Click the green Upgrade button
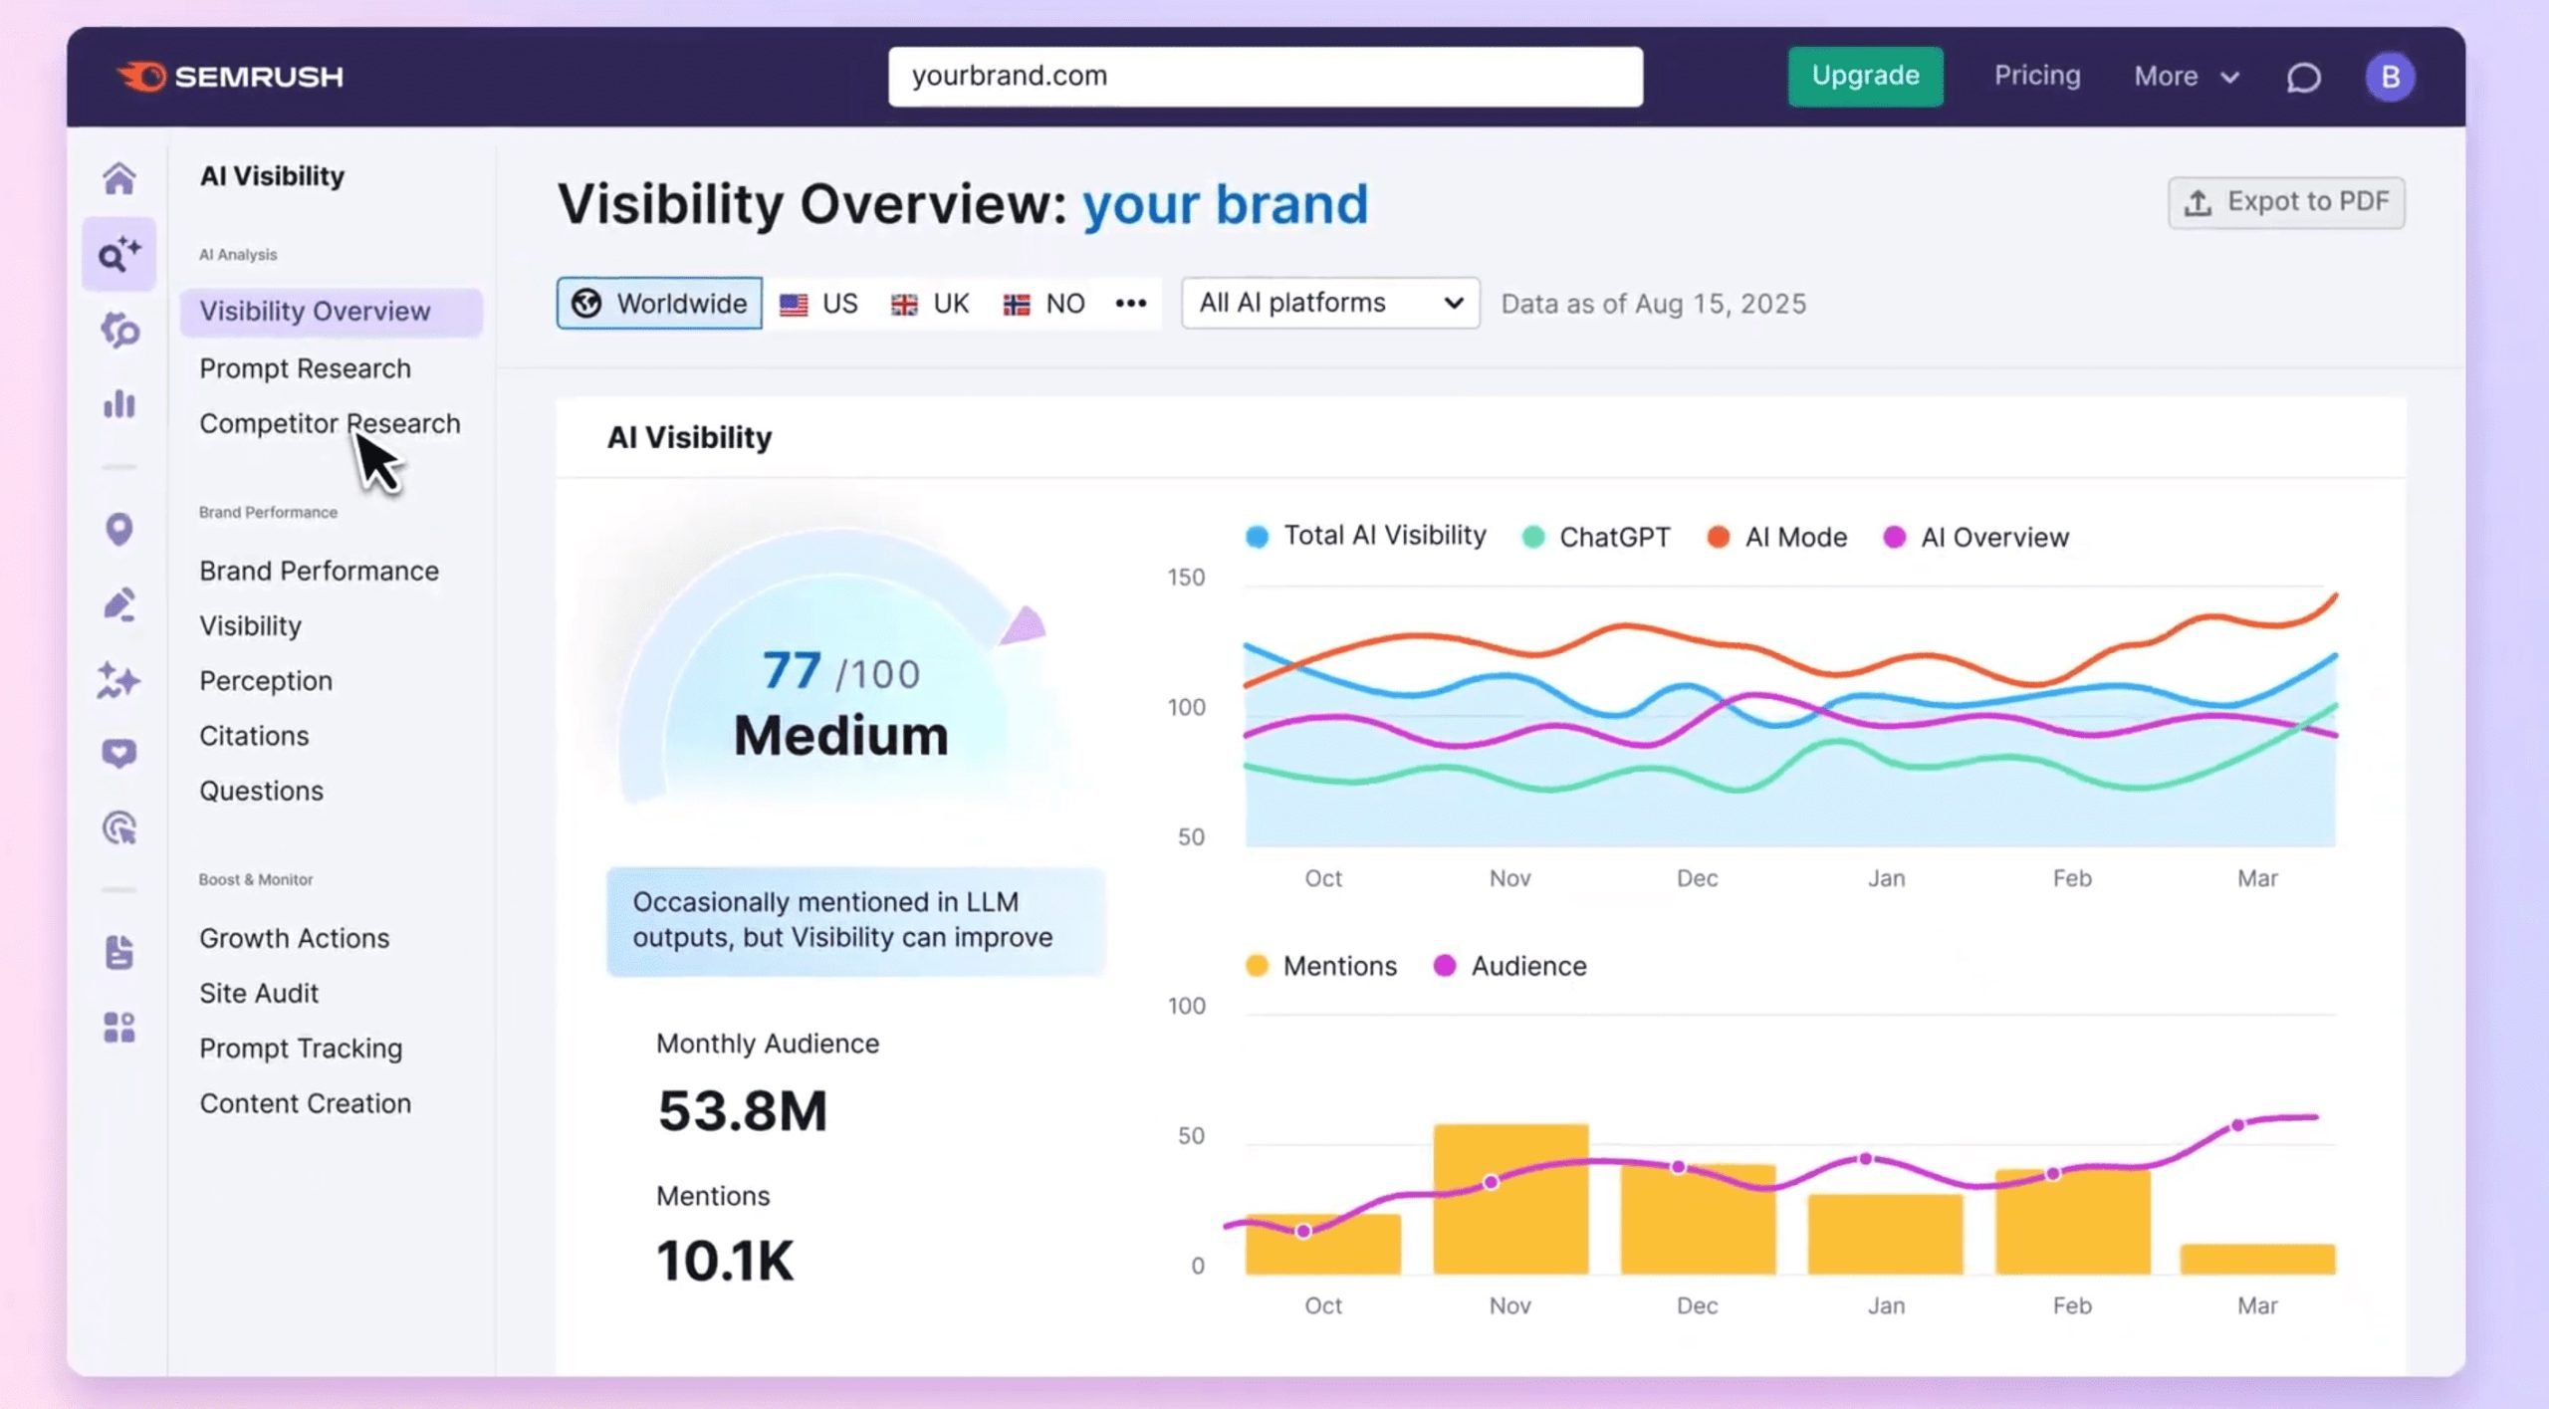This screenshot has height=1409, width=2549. [1864, 76]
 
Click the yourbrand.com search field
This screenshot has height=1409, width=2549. [1265, 76]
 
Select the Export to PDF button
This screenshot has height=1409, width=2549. [2286, 202]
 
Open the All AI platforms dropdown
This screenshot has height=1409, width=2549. [1329, 303]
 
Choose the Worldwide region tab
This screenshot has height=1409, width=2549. [659, 303]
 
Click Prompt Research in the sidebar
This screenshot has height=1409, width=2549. [305, 368]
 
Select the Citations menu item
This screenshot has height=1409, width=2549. [254, 736]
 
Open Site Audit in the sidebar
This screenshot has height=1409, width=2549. [259, 993]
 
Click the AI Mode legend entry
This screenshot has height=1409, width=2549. [1777, 537]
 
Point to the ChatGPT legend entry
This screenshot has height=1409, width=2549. [1597, 537]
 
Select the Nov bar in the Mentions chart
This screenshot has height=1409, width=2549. [1510, 1199]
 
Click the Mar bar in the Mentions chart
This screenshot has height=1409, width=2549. [2256, 1259]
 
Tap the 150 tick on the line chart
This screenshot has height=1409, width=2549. [1185, 578]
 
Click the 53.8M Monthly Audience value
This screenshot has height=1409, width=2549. [742, 1110]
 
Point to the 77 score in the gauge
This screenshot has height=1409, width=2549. [792, 670]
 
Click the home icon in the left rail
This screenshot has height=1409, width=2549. [119, 179]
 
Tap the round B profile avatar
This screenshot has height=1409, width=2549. [2390, 77]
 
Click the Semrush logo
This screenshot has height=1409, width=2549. [230, 77]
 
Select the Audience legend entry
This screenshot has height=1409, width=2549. [1510, 966]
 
